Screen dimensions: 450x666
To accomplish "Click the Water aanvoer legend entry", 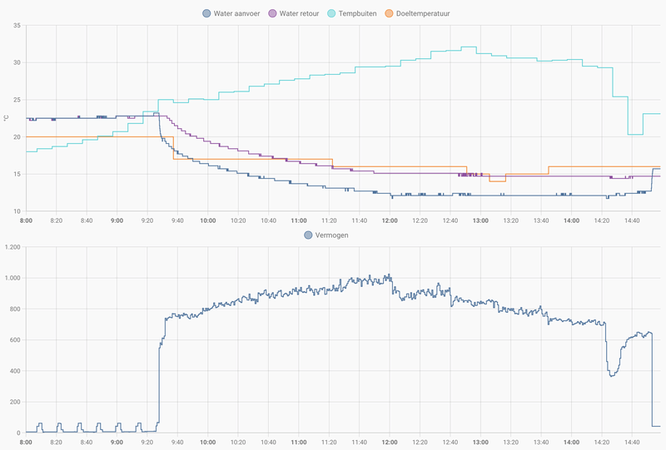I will click(236, 13).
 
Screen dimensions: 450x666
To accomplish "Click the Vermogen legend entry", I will click(331, 235).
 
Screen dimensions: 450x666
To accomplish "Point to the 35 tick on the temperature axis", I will click(17, 26).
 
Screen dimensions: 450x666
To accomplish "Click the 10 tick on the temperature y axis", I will click(17, 211).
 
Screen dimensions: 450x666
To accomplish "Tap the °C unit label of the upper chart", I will click(6, 118).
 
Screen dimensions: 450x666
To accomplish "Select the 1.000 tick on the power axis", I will click(12, 278).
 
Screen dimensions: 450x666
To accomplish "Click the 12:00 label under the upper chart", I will click(390, 220).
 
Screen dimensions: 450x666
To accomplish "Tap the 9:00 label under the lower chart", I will click(117, 443).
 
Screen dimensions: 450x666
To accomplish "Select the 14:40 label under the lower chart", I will click(632, 443).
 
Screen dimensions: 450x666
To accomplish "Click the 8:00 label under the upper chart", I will click(27, 220).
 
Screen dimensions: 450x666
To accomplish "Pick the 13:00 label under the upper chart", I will click(480, 220).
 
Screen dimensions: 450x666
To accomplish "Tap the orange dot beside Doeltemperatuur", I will click(390, 13).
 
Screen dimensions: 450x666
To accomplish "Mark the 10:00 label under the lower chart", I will click(208, 443).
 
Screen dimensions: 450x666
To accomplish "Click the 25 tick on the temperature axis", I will click(17, 100).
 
